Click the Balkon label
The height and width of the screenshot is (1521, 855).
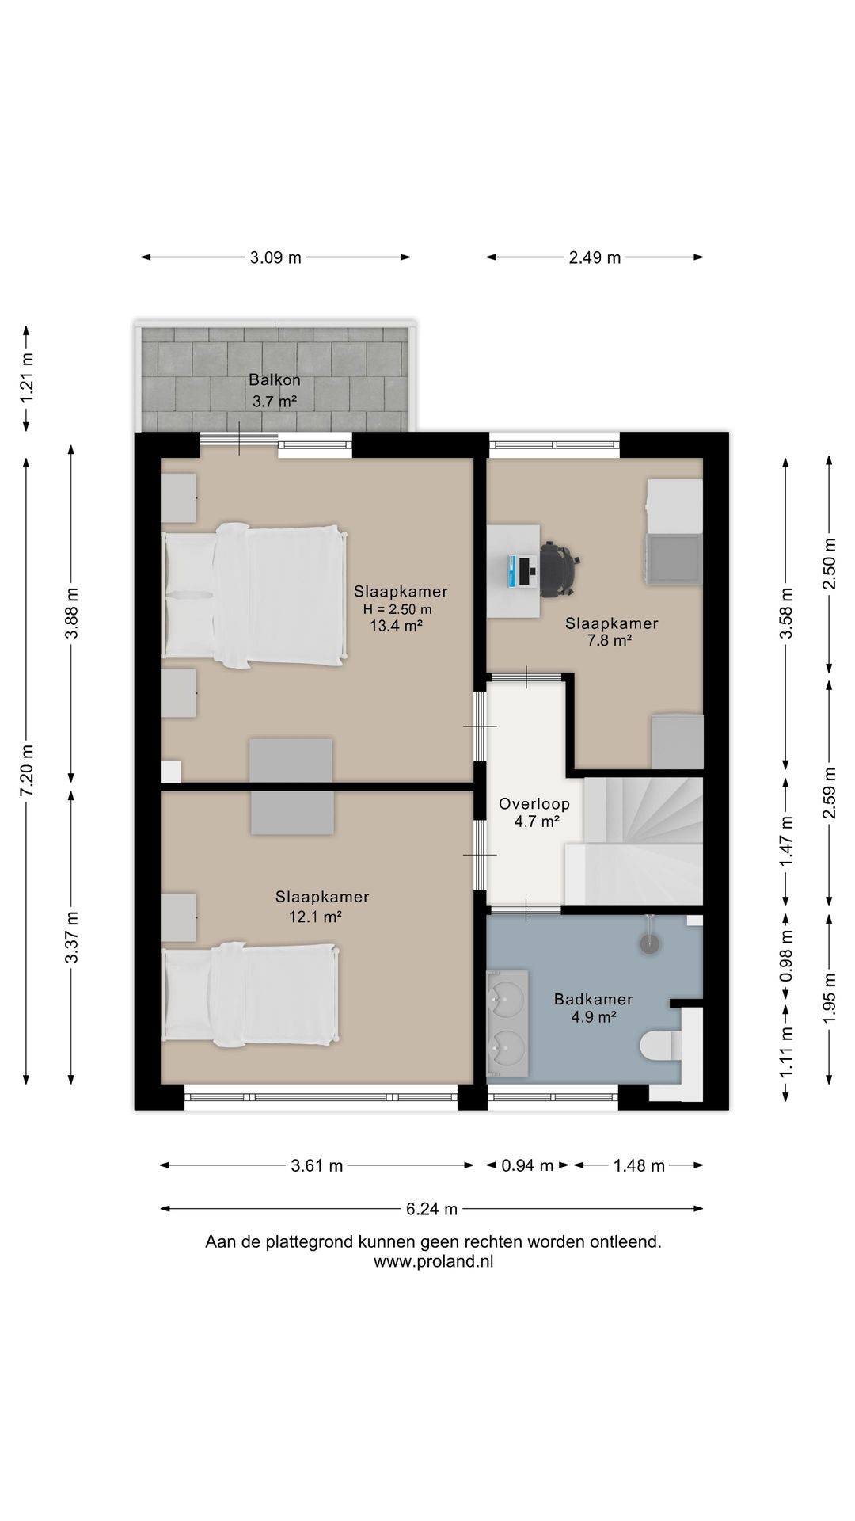click(275, 379)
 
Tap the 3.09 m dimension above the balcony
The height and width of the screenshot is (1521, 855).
click(275, 257)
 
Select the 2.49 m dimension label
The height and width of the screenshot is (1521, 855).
click(595, 257)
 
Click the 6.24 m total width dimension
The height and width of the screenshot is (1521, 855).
click(432, 1209)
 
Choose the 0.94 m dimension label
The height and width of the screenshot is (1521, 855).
click(528, 1165)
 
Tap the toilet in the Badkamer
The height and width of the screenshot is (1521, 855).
click(660, 1046)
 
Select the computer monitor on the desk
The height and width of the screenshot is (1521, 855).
click(514, 571)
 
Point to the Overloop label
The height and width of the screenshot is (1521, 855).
click(534, 804)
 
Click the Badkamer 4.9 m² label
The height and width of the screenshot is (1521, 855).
click(594, 1008)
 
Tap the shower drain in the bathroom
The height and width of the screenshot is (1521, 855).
click(650, 943)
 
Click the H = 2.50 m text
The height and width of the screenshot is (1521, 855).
click(397, 609)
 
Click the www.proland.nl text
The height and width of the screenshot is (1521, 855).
click(434, 1263)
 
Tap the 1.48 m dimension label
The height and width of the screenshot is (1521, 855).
click(640, 1165)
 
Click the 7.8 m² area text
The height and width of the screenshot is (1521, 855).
click(609, 640)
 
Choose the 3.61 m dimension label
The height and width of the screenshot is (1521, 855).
click(317, 1165)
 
